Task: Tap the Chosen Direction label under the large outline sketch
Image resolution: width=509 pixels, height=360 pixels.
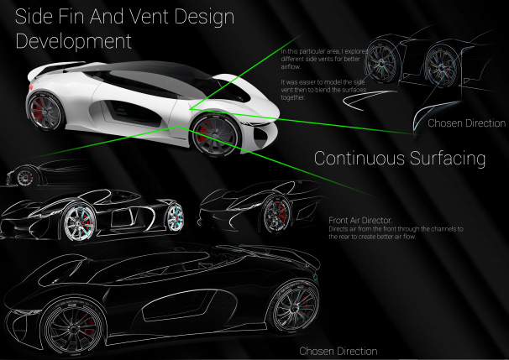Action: tap(338, 351)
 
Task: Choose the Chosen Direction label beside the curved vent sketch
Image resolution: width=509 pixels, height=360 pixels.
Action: tap(467, 123)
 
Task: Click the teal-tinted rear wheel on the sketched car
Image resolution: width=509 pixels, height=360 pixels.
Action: tap(174, 217)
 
